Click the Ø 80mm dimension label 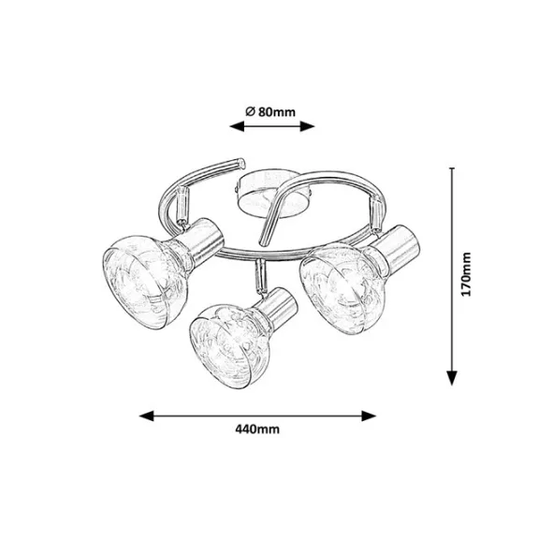270,111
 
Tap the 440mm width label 257,430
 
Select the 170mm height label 466,274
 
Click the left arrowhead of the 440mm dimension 146,415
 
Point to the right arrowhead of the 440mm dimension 369,415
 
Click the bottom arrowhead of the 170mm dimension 452,378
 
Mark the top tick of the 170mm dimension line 452,168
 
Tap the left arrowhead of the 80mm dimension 237,126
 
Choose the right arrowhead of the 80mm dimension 307,126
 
